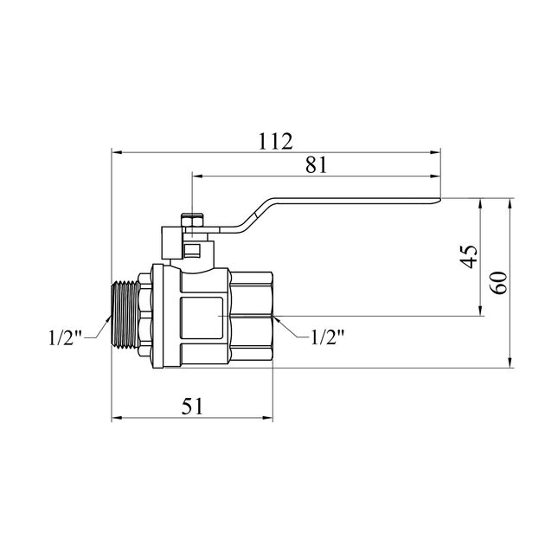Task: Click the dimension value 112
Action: click(x=275, y=141)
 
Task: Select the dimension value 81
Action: click(x=317, y=165)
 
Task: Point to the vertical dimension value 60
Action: click(x=499, y=283)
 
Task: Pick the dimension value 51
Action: click(x=192, y=406)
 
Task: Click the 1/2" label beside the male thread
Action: click(x=66, y=337)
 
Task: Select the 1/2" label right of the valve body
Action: click(x=327, y=337)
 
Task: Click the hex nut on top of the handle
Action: click(x=192, y=220)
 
